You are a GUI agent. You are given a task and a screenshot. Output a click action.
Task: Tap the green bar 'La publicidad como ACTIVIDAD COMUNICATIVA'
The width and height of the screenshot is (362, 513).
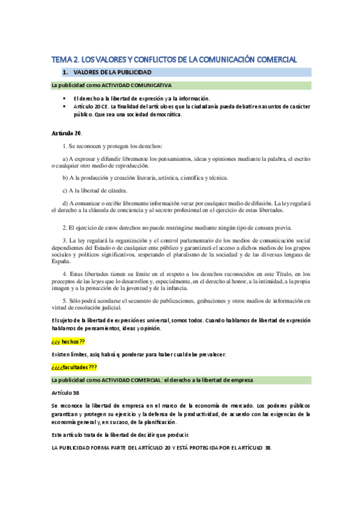(112, 86)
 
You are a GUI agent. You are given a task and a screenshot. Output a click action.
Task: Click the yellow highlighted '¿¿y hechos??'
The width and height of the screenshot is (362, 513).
(68, 341)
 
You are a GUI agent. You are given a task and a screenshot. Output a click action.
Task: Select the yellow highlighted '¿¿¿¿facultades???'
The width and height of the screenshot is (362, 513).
(74, 367)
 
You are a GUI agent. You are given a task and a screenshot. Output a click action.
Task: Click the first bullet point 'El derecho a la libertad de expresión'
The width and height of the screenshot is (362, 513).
(141, 98)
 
